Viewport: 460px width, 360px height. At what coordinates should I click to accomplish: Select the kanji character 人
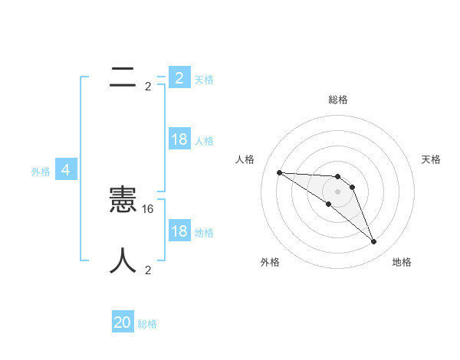pyautogui.click(x=123, y=261)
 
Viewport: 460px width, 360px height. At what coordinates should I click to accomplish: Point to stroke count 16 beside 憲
pyautogui.click(x=149, y=208)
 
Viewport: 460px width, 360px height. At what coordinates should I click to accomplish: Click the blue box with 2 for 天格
pyautogui.click(x=179, y=78)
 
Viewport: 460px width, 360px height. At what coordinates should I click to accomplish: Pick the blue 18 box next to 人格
pyautogui.click(x=179, y=139)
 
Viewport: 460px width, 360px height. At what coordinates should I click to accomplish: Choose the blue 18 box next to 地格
pyautogui.click(x=179, y=231)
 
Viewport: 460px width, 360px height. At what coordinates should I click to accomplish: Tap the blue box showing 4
pyautogui.click(x=66, y=170)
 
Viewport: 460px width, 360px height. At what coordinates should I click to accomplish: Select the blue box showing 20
pyautogui.click(x=123, y=322)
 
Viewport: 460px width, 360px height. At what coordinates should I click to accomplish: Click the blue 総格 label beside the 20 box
pyautogui.click(x=147, y=324)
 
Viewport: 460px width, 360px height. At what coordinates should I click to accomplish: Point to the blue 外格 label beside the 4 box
pyautogui.click(x=41, y=172)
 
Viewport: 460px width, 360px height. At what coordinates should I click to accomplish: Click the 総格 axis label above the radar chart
pyautogui.click(x=337, y=100)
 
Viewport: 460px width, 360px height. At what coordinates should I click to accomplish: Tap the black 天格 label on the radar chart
pyautogui.click(x=431, y=159)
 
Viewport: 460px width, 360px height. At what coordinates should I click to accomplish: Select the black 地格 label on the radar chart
pyautogui.click(x=402, y=262)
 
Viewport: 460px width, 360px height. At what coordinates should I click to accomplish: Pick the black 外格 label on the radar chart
pyautogui.click(x=270, y=262)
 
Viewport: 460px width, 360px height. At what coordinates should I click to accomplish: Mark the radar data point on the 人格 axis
pyautogui.click(x=279, y=172)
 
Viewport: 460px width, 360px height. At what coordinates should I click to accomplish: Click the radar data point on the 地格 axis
pyautogui.click(x=373, y=242)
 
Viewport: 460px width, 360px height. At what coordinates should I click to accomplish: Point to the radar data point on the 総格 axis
pyautogui.click(x=337, y=177)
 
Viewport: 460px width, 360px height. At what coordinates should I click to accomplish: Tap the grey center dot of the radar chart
pyautogui.click(x=337, y=191)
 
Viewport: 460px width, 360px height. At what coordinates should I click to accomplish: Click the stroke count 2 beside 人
pyautogui.click(x=148, y=270)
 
